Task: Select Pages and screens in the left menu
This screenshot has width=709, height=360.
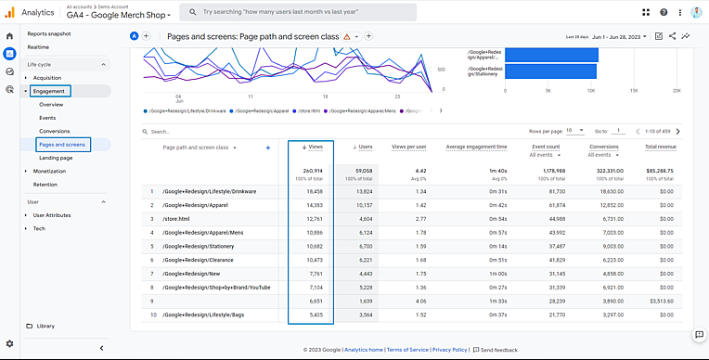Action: (x=62, y=145)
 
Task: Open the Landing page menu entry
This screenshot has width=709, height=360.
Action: (x=56, y=158)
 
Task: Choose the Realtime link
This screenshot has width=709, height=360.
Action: (x=38, y=46)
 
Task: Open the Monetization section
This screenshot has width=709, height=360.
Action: (x=49, y=171)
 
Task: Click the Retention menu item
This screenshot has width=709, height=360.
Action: (x=45, y=184)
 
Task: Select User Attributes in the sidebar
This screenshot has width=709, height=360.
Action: (x=52, y=214)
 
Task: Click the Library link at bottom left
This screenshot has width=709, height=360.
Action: (x=45, y=326)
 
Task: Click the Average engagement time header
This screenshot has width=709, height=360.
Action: (x=475, y=147)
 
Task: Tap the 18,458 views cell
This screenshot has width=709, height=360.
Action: (x=313, y=191)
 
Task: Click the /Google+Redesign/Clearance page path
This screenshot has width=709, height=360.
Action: (x=198, y=260)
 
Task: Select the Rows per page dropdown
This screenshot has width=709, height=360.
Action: (x=574, y=132)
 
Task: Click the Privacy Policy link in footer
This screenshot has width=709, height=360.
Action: (x=449, y=350)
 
